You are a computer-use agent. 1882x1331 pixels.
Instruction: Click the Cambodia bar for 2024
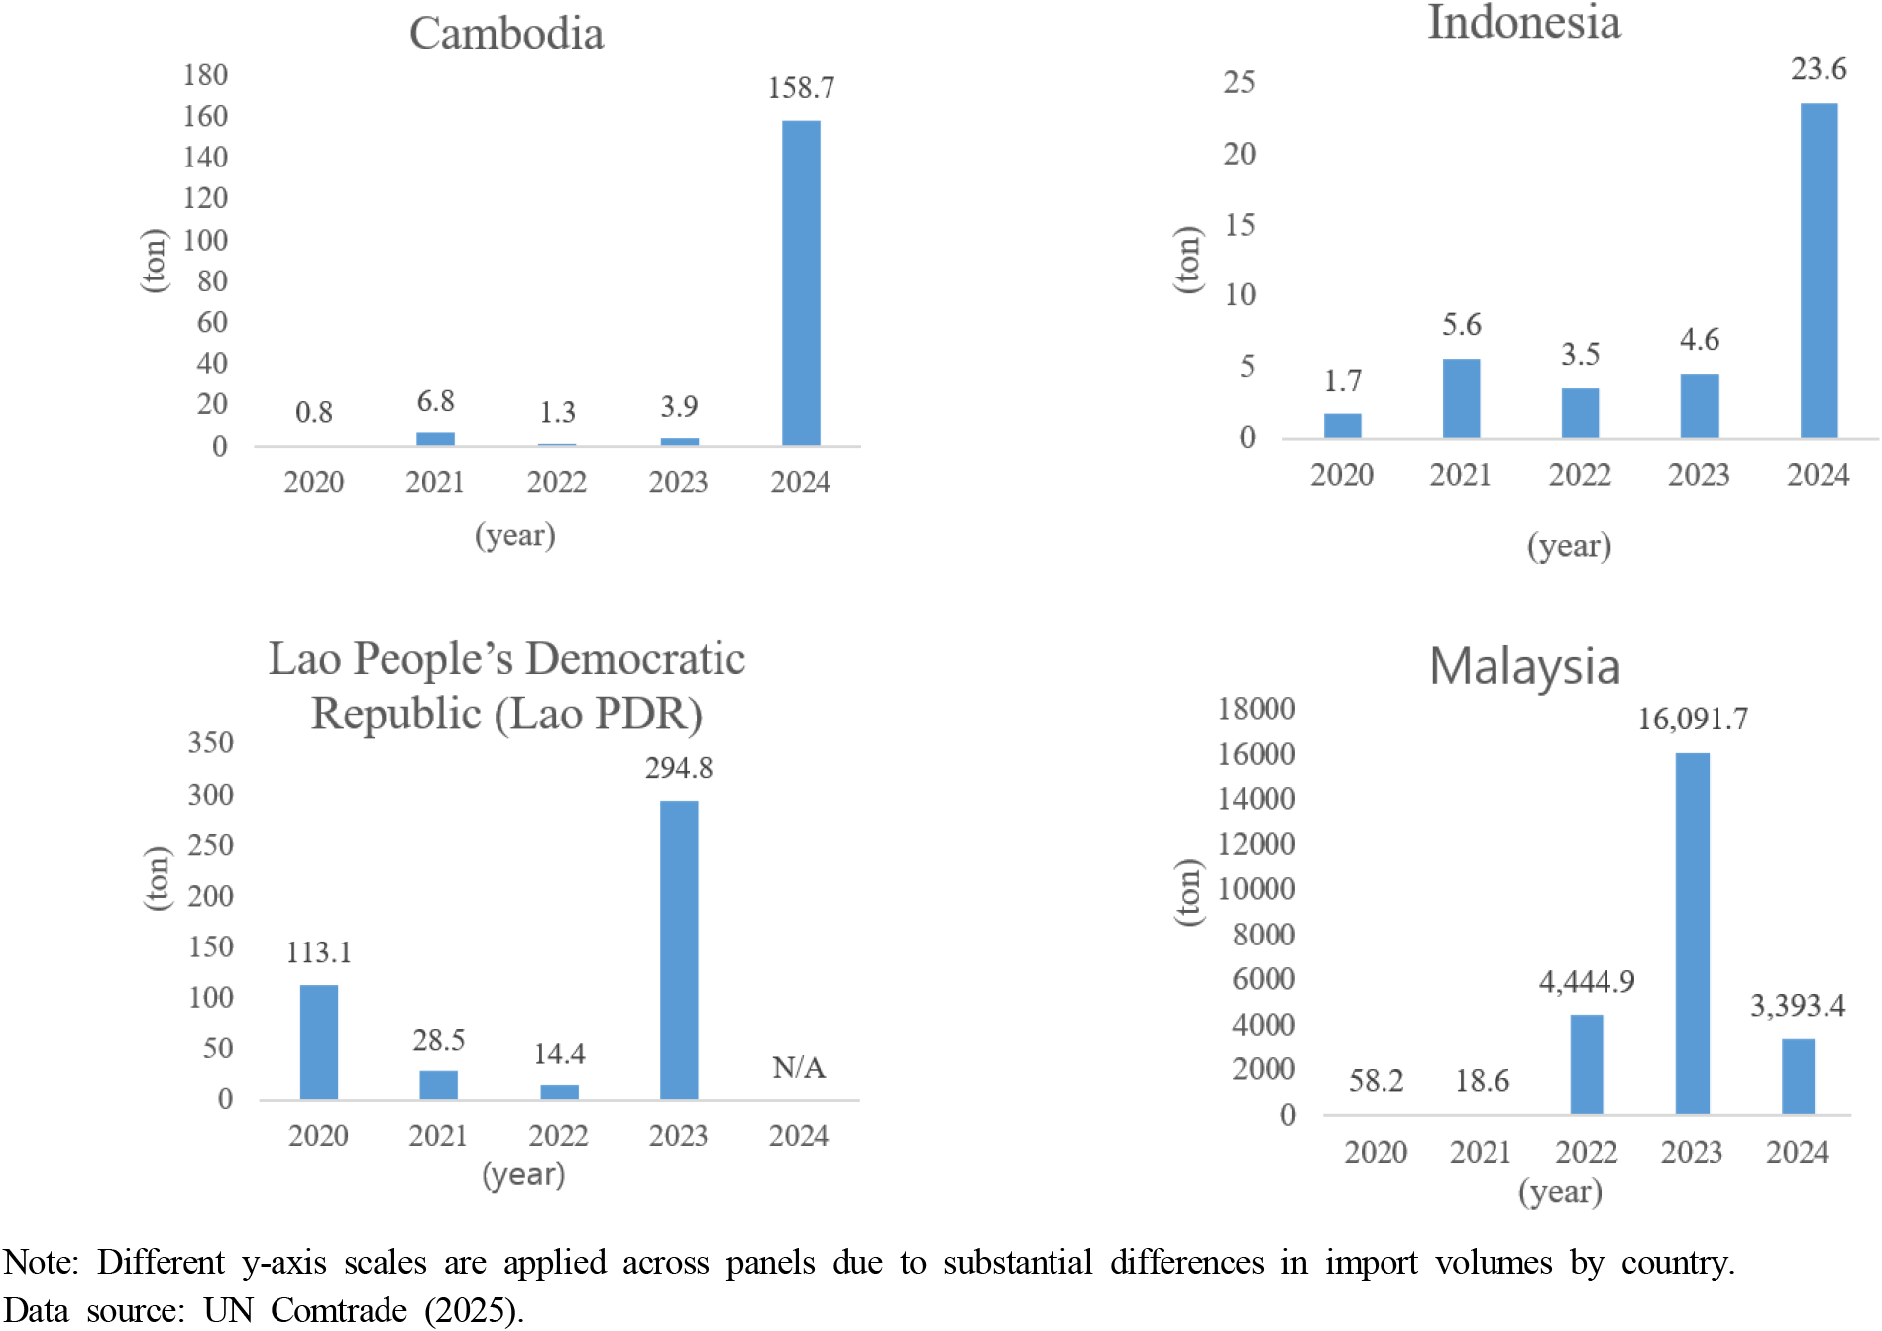click(x=801, y=282)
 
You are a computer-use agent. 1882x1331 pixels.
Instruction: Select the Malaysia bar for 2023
click(x=1692, y=933)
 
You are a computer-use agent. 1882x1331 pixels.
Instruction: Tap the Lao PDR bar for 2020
click(x=318, y=1042)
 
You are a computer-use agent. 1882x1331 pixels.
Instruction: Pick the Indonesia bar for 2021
click(x=1461, y=397)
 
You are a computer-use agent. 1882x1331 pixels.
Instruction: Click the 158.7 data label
click(x=801, y=88)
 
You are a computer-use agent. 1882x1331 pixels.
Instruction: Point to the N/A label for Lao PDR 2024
click(x=798, y=1067)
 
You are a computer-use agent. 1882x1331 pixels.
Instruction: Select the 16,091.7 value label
click(x=1692, y=719)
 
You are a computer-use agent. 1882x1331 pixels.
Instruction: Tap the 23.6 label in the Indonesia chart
click(x=1818, y=69)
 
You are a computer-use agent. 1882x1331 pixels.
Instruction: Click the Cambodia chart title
click(x=506, y=34)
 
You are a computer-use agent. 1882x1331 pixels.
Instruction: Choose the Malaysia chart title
click(x=1524, y=666)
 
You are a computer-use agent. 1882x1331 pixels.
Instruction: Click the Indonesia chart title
click(x=1523, y=23)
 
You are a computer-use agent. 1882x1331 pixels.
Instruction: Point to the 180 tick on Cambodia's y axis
click(x=205, y=75)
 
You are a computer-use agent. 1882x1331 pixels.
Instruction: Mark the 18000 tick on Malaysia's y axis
click(x=1256, y=709)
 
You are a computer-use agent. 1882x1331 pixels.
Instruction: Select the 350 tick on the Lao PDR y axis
click(x=210, y=743)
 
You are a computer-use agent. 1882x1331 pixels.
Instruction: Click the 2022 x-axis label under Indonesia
click(x=1580, y=475)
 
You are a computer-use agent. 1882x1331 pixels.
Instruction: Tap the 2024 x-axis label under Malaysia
click(x=1797, y=1152)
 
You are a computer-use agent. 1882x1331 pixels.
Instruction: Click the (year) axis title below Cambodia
click(x=514, y=535)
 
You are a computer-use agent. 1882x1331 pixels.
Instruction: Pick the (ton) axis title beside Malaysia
click(x=1188, y=892)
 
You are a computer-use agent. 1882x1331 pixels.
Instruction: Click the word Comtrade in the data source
click(x=339, y=1310)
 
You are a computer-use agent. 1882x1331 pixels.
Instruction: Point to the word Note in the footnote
click(x=40, y=1262)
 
